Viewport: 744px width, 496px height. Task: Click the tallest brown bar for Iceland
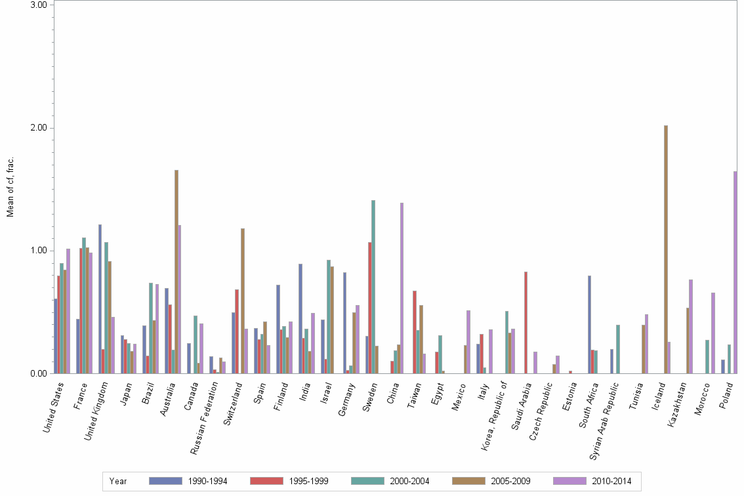click(x=666, y=249)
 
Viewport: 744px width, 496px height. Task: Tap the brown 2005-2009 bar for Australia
click(x=176, y=272)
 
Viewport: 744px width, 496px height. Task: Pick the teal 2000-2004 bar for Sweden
click(x=373, y=287)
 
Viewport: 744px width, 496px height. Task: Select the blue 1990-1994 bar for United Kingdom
click(x=100, y=299)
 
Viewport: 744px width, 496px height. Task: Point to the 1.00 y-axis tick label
click(x=39, y=251)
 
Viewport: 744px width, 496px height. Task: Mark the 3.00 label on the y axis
click(x=39, y=5)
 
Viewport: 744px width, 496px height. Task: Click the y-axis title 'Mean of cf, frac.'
click(x=10, y=187)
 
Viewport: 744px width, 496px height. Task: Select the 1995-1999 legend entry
click(x=289, y=482)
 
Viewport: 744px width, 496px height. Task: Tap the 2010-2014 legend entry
click(x=593, y=482)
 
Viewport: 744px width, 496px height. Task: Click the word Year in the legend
click(x=119, y=482)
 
